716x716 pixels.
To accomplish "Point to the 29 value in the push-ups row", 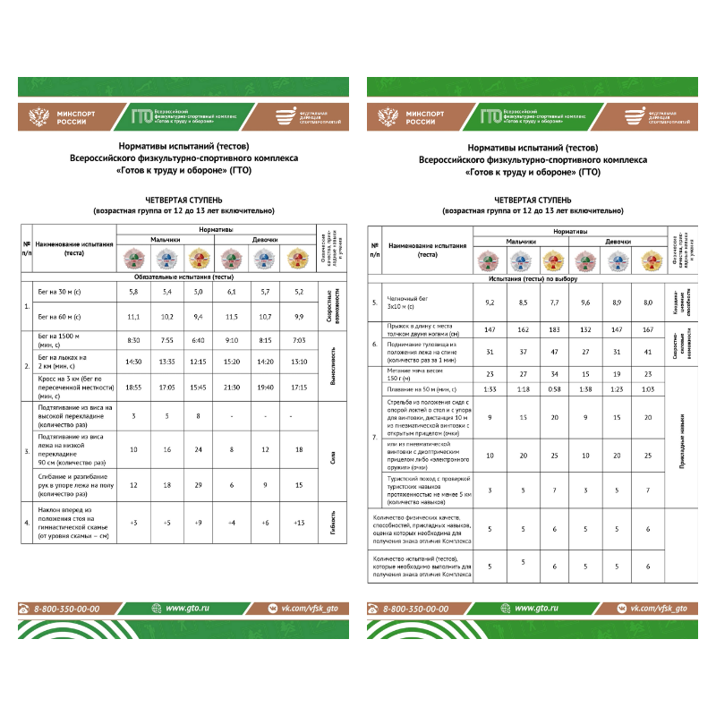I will coord(198,485).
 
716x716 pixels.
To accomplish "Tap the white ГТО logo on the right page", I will coord(490,116).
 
